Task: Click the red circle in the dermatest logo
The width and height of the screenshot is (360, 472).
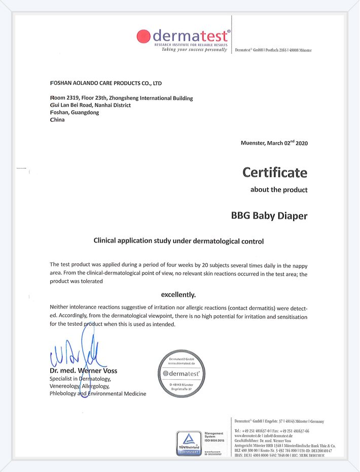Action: click(144, 36)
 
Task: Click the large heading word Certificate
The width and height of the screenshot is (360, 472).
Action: click(275, 172)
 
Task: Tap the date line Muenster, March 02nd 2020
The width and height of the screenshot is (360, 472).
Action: click(274, 143)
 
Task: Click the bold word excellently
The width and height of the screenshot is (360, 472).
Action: click(178, 294)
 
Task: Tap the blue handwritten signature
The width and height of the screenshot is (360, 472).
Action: click(76, 355)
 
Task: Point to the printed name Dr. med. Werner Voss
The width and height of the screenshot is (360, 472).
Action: click(84, 370)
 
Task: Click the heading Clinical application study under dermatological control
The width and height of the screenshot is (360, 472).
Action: click(179, 242)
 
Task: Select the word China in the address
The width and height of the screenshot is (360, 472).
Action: click(57, 120)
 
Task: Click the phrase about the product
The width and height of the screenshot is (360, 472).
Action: click(279, 190)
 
